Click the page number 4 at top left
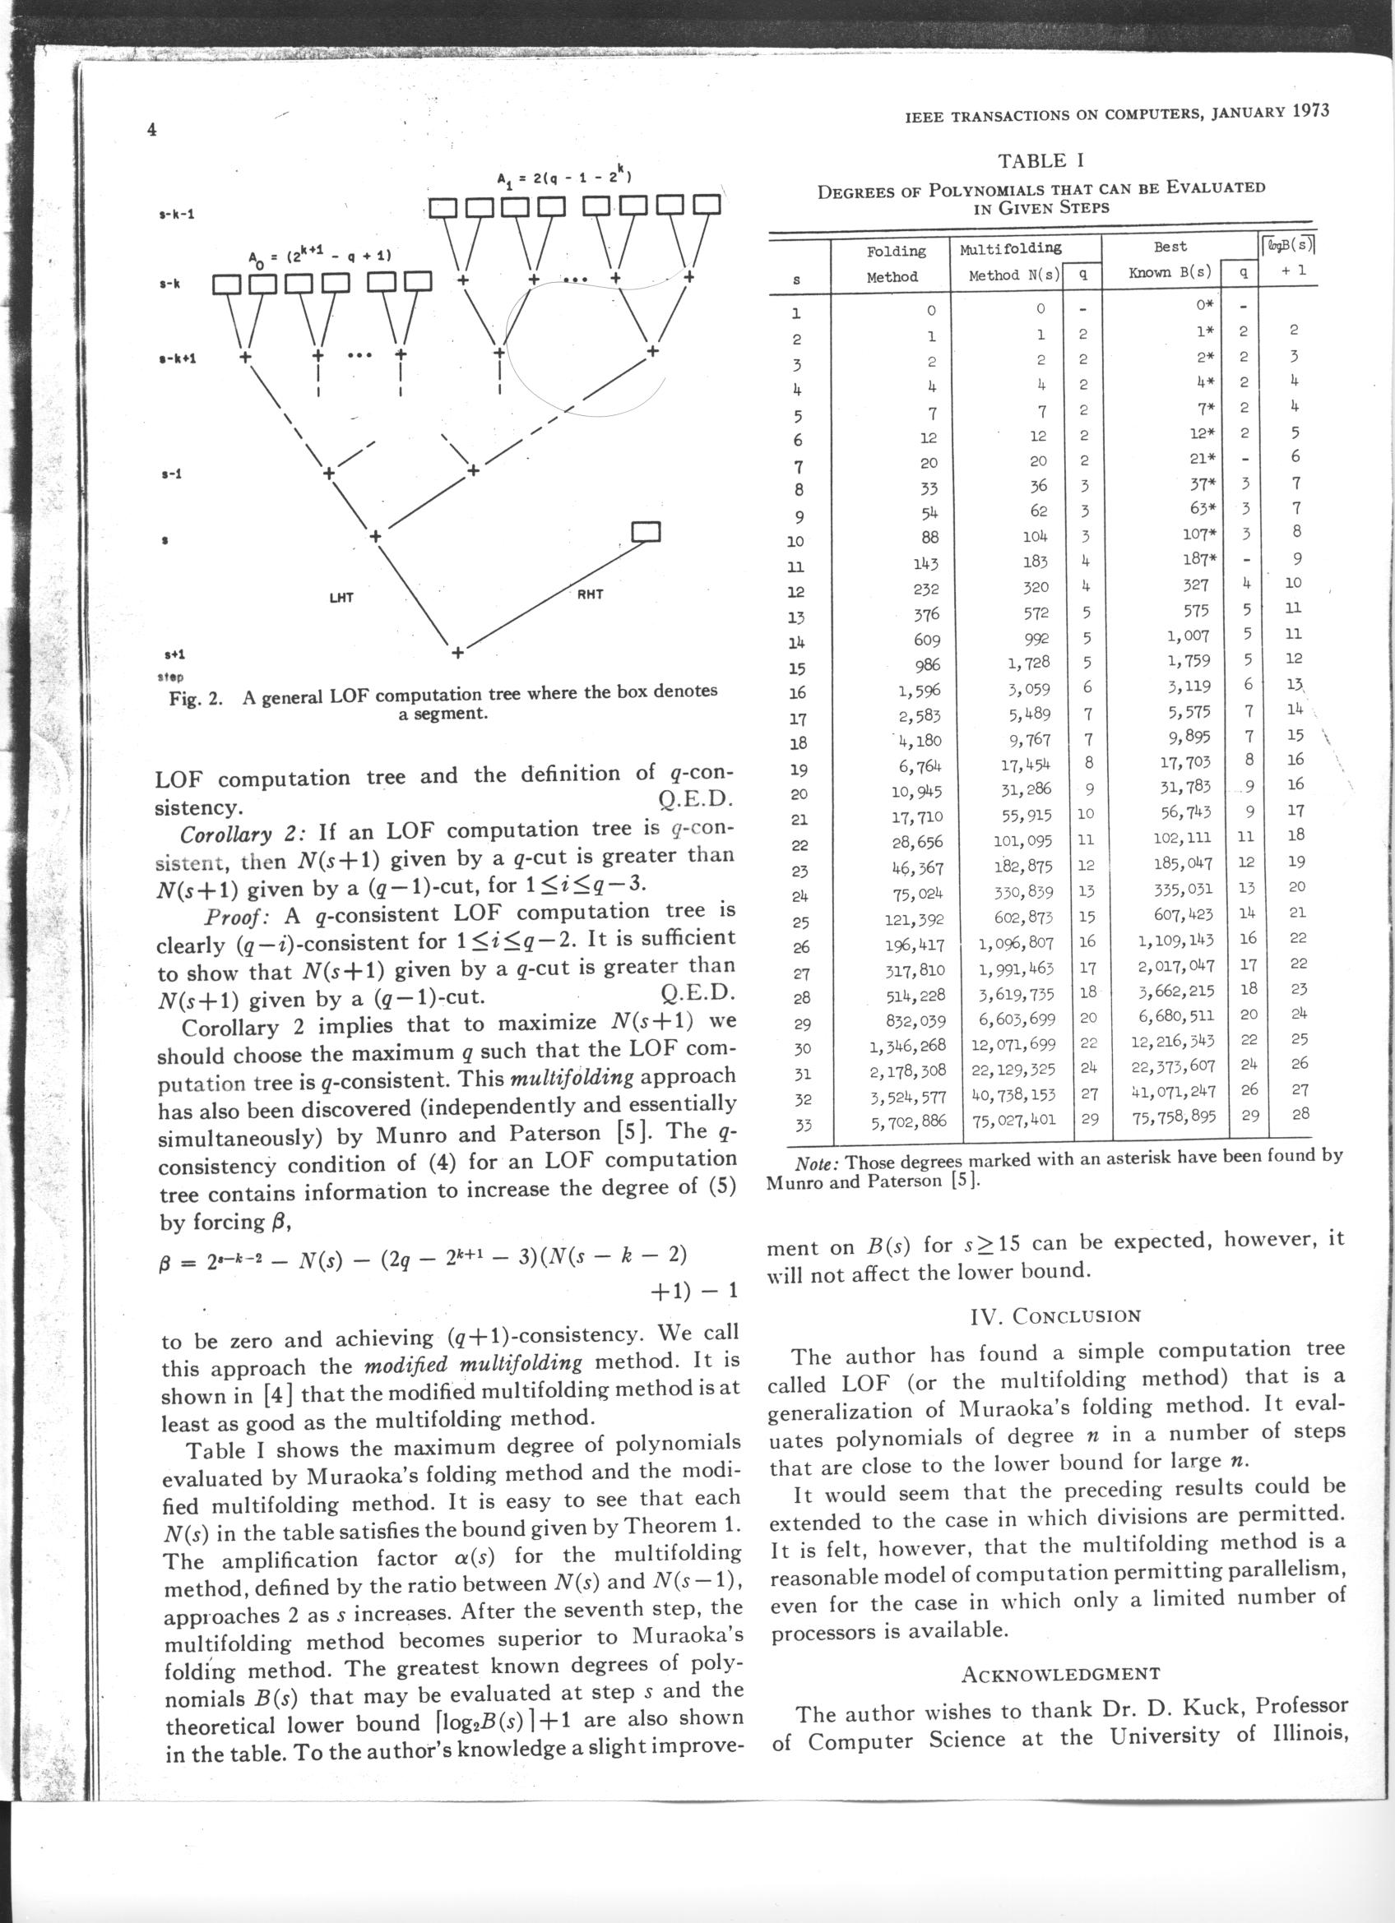point(153,130)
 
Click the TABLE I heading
point(1041,160)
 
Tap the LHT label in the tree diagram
point(341,598)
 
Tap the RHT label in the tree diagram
point(591,594)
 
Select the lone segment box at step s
point(647,531)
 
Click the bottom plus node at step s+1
point(458,653)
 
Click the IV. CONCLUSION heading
point(1055,1315)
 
